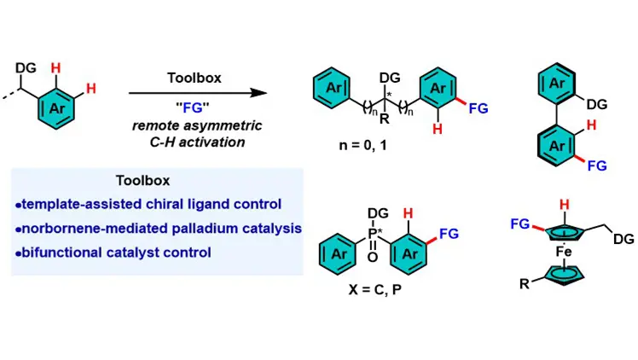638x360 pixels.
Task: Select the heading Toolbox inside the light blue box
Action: pyautogui.click(x=142, y=181)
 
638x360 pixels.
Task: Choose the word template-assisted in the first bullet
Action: pyautogui.click(x=72, y=205)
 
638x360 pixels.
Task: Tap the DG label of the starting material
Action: pyautogui.click(x=23, y=66)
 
